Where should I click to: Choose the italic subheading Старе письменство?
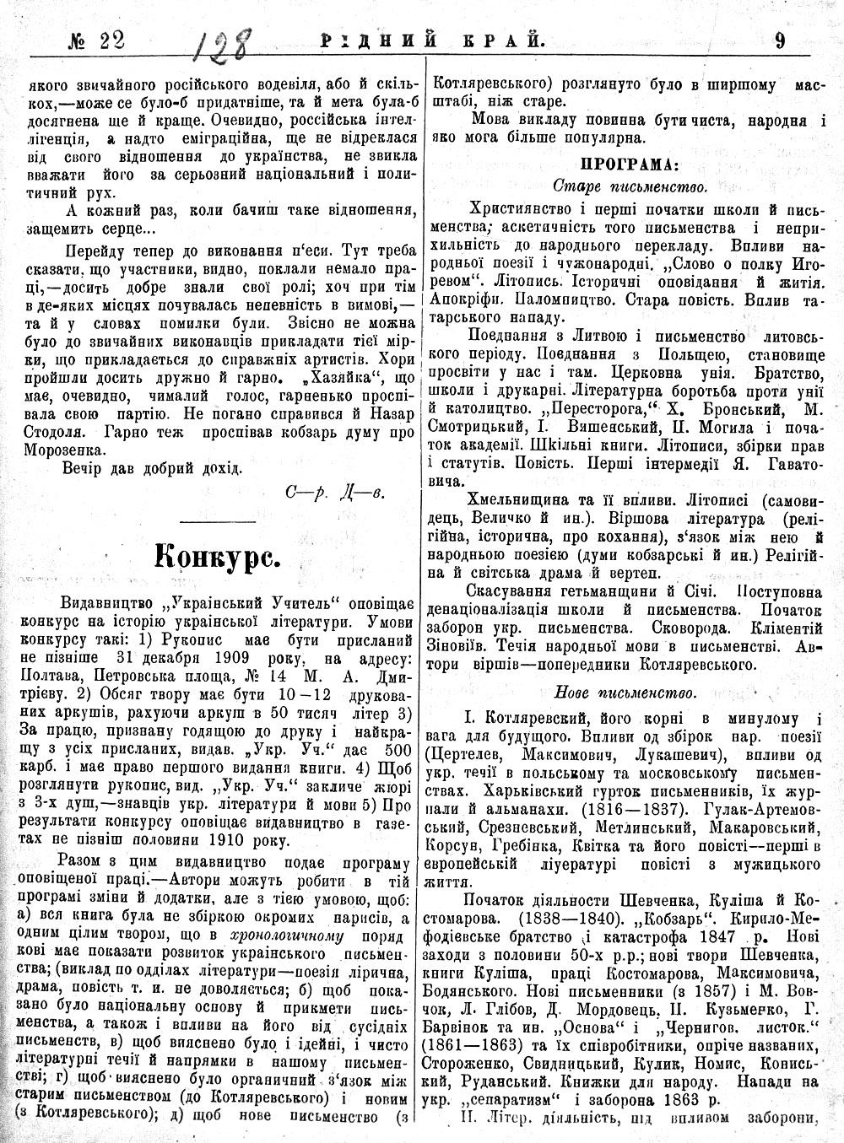630,185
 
